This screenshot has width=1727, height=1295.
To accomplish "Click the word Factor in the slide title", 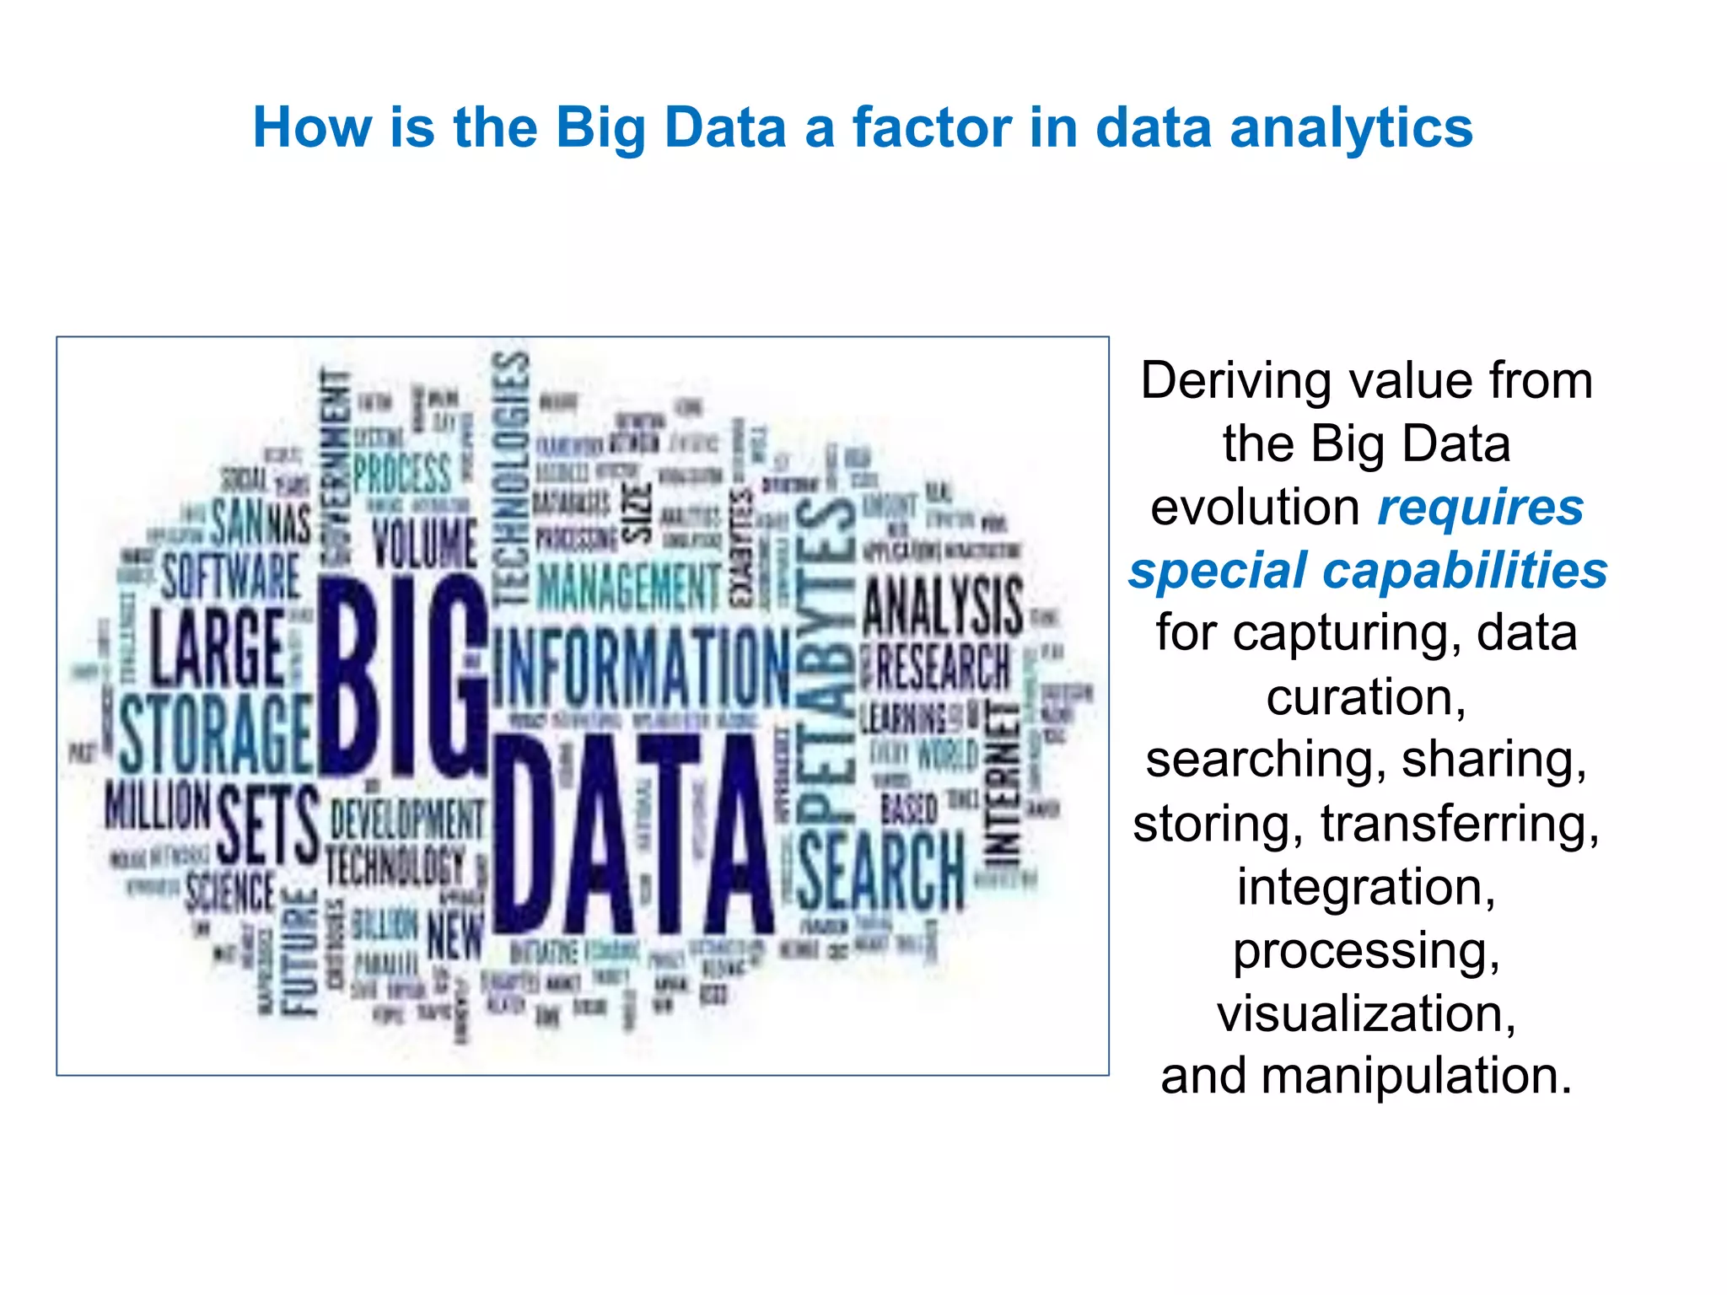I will [x=931, y=128].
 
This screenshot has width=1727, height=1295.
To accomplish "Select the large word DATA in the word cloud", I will [x=632, y=835].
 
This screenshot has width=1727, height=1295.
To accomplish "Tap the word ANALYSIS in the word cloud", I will [x=943, y=605].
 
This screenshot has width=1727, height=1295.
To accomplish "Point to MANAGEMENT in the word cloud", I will [x=629, y=586].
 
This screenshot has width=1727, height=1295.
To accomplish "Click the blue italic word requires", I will [x=1480, y=508].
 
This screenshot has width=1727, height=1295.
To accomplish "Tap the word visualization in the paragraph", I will [x=1366, y=1013].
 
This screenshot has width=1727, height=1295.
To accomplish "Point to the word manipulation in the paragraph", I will [x=1417, y=1076].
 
